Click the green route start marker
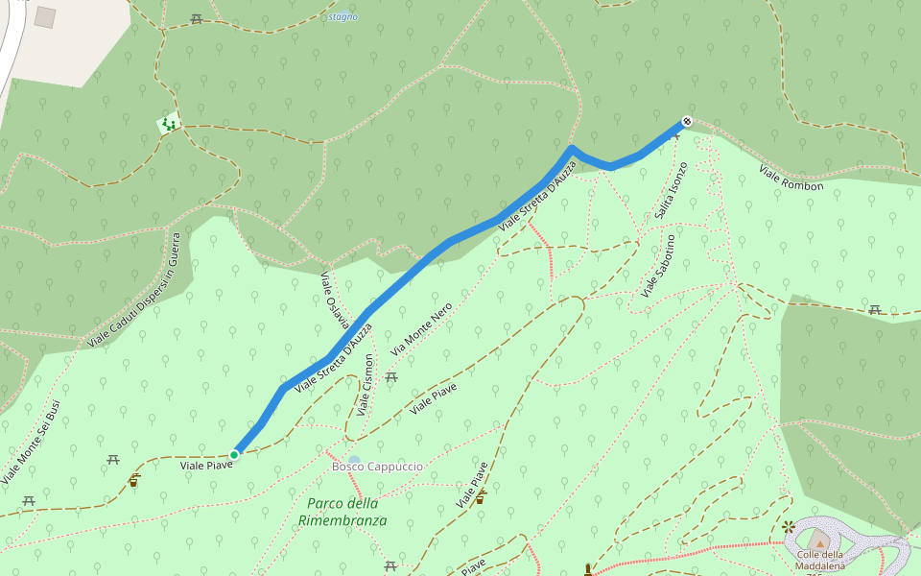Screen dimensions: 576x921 coord(234,454)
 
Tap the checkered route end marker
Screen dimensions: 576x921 coord(686,121)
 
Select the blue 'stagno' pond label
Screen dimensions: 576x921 coord(342,16)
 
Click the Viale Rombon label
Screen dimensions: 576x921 coord(791,178)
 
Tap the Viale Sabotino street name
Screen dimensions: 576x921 coord(660,264)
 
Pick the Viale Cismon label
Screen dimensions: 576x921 coord(365,385)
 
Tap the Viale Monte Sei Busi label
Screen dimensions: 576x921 coord(31,441)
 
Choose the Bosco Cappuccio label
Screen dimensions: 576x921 coord(377,467)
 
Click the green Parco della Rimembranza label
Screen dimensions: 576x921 coord(342,512)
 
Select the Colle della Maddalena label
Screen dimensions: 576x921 coord(819,560)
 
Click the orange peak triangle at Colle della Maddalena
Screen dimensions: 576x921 coord(816,540)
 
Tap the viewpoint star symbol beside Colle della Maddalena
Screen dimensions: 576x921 coord(789,526)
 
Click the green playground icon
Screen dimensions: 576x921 coord(169,123)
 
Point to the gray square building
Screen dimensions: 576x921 coord(45,17)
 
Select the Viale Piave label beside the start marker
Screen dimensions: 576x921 coord(206,466)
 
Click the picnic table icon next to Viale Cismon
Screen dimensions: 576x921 coord(391,377)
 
